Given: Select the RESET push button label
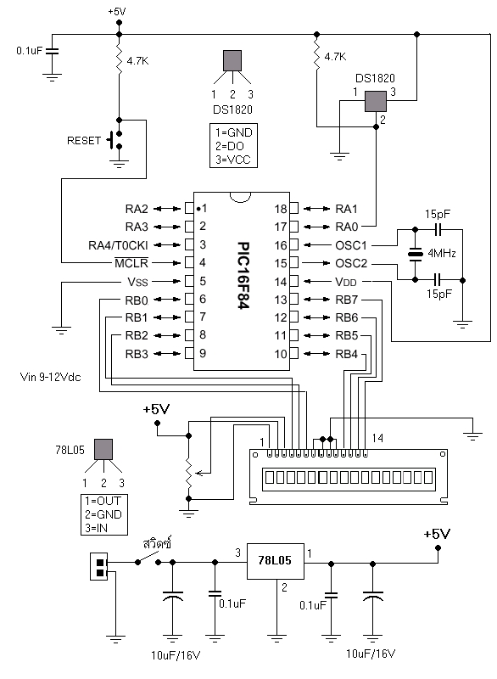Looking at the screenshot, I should click(x=84, y=140).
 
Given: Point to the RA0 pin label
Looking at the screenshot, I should click(x=346, y=226).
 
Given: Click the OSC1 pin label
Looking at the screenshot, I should click(x=350, y=244).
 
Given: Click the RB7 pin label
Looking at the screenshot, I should click(x=347, y=300).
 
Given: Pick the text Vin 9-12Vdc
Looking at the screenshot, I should click(x=55, y=376).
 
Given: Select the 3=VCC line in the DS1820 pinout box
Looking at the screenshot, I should click(x=234, y=160).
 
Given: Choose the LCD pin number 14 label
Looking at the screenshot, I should click(x=378, y=438).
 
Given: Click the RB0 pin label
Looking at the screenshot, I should click(x=136, y=300).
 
